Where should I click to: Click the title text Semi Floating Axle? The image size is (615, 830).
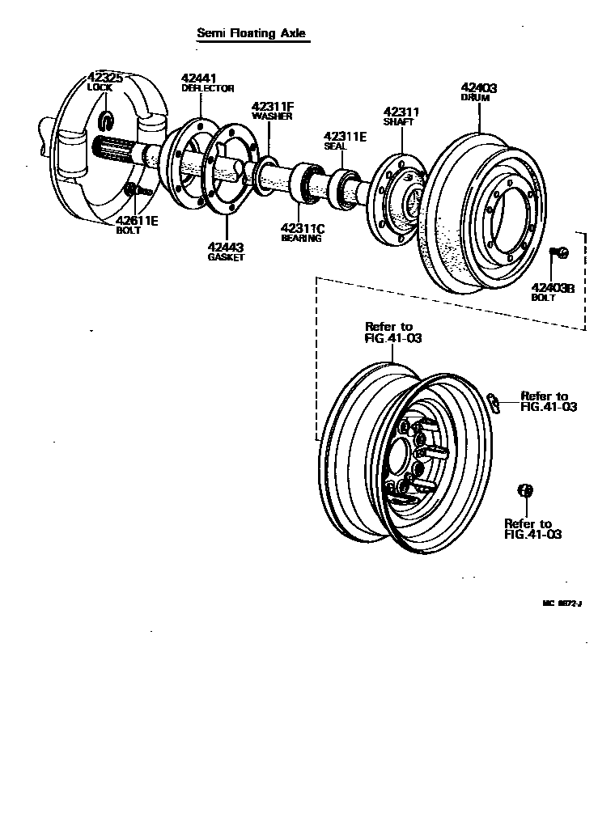click(x=252, y=33)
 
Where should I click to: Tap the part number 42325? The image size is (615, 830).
click(x=105, y=78)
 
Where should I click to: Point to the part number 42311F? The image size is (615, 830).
click(x=272, y=106)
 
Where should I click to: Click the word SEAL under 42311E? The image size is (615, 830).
click(x=335, y=146)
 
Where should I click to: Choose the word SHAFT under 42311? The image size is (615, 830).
click(x=398, y=122)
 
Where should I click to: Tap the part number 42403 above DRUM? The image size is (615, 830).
click(x=479, y=87)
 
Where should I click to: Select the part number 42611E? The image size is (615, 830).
click(x=137, y=220)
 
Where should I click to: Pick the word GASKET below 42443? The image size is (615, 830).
click(x=226, y=256)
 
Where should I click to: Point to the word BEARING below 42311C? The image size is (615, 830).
click(x=301, y=238)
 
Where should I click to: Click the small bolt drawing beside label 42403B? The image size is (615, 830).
click(x=560, y=254)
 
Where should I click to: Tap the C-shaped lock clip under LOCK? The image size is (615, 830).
click(x=107, y=121)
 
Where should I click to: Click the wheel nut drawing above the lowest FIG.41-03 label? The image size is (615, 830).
click(x=524, y=490)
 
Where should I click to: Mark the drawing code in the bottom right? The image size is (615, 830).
click(x=562, y=603)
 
